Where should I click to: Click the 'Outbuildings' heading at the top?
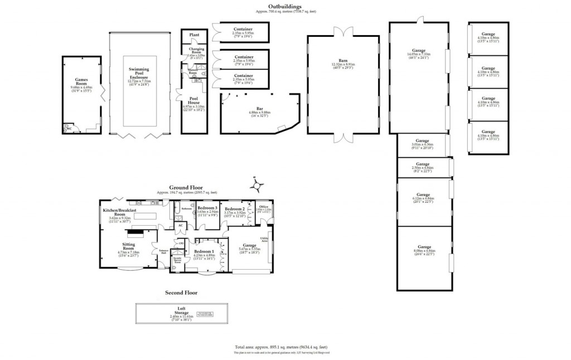pyautogui.click(x=285, y=6)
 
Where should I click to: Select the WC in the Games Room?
pyautogui.click(x=69, y=129)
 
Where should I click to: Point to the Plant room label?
pyautogui.click(x=194, y=35)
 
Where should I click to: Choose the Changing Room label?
pyautogui.click(x=196, y=51)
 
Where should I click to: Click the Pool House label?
pyautogui.click(x=194, y=102)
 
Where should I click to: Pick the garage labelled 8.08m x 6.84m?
pyautogui.click(x=424, y=247)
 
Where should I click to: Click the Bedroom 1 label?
pyautogui.click(x=204, y=252)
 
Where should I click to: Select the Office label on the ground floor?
pyautogui.click(x=263, y=207)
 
